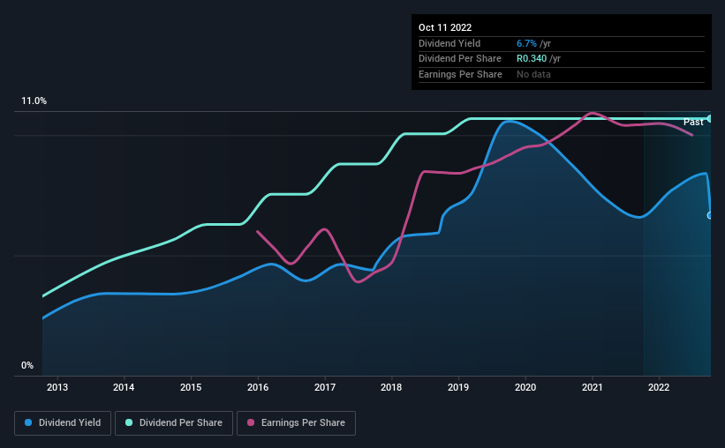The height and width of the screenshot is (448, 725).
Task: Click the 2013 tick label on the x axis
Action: [x=57, y=386]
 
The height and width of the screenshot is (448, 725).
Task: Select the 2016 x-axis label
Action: [x=258, y=386]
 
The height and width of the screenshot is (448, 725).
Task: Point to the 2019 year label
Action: [x=458, y=386]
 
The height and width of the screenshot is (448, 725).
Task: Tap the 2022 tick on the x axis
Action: [x=659, y=386]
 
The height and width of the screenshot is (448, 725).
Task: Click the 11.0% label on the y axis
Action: [x=34, y=101]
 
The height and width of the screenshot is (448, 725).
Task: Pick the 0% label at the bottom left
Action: [x=27, y=365]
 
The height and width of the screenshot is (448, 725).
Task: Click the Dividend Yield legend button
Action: [x=63, y=423]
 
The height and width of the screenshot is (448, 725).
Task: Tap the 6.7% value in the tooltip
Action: [x=527, y=43]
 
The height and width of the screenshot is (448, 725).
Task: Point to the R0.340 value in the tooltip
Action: [x=532, y=58]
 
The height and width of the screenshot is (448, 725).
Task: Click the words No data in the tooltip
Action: [x=534, y=74]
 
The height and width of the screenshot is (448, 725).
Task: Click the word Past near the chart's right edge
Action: [x=693, y=122]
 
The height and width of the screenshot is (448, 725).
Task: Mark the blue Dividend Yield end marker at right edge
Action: [x=710, y=215]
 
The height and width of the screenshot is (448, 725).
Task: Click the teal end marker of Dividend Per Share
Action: [x=710, y=118]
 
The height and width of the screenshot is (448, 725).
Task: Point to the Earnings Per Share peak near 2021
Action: [x=592, y=113]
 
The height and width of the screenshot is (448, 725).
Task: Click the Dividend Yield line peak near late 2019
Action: [x=509, y=121]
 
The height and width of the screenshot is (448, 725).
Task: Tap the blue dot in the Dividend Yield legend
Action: [x=28, y=423]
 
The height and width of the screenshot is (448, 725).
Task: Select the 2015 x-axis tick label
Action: [x=191, y=386]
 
